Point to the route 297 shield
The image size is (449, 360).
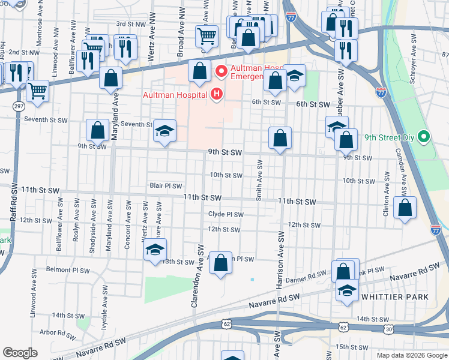(x=18, y=106)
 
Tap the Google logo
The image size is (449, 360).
(x=20, y=353)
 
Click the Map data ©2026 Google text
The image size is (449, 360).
(x=411, y=355)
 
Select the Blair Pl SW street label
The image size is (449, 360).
(x=166, y=186)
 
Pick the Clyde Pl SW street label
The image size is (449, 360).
(x=226, y=214)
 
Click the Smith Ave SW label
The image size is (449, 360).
(x=259, y=180)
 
